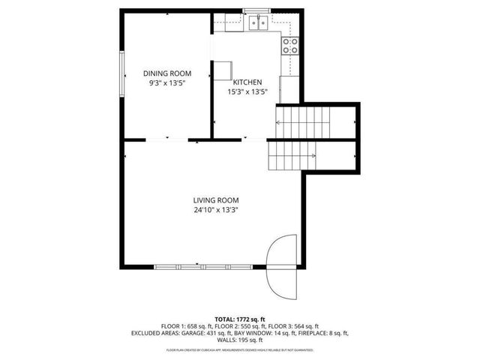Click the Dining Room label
[167, 73]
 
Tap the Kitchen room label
[247, 82]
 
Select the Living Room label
[216, 200]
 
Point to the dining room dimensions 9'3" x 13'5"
[167, 83]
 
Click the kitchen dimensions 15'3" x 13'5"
[247, 91]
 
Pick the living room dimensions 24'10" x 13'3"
[216, 210]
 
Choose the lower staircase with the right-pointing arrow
[292, 156]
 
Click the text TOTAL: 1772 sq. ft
[240, 319]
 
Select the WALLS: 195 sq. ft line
[240, 340]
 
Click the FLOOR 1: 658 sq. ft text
[188, 326]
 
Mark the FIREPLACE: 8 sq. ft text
[323, 333]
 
